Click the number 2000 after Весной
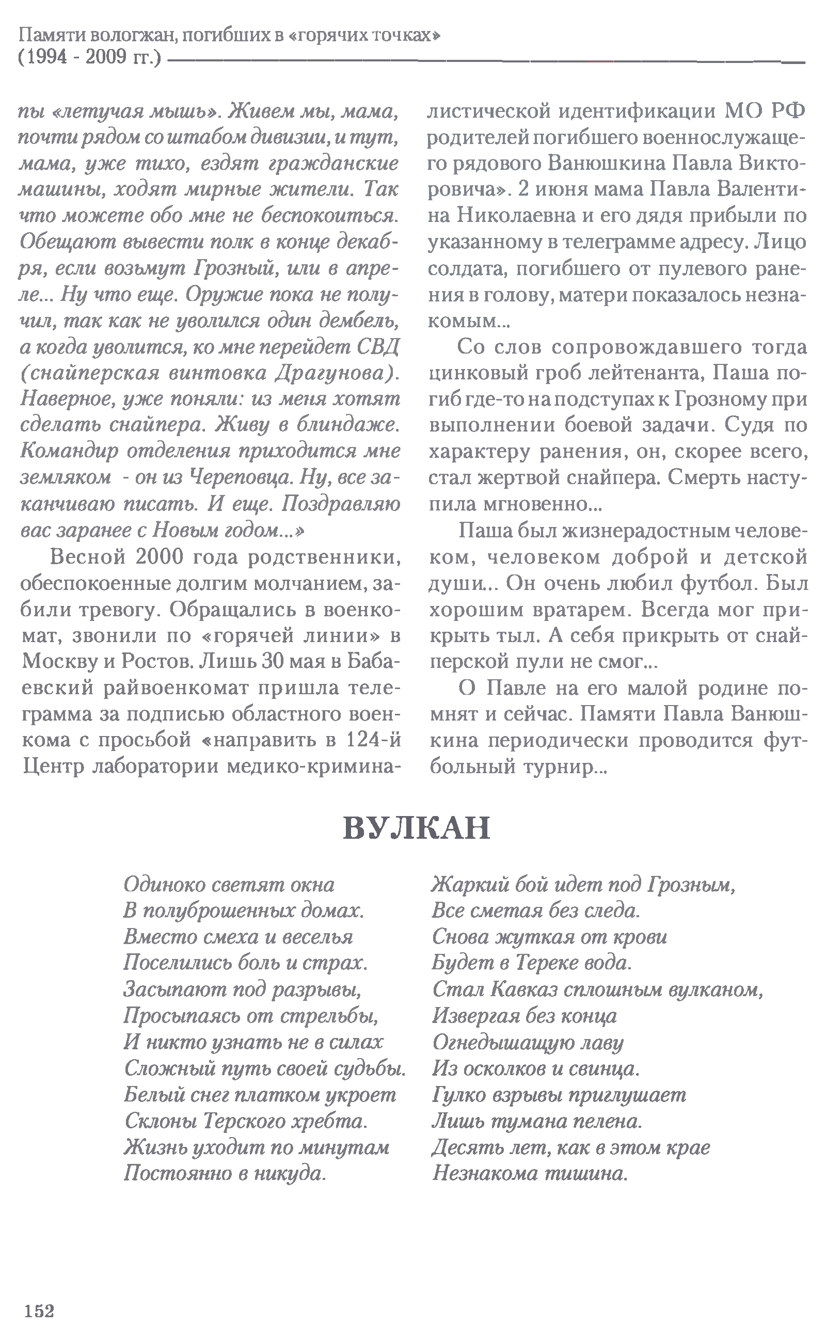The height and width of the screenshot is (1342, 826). click(x=156, y=557)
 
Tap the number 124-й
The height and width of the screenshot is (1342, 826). click(x=374, y=741)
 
